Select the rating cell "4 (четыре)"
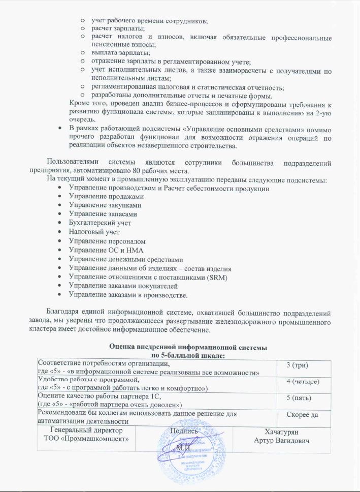[303, 382]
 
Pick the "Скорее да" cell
[302, 415]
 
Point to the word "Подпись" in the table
[184, 430]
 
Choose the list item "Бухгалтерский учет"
[100, 223]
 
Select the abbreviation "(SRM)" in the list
[216, 277]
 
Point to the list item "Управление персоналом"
[107, 240]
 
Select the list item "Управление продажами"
[106, 196]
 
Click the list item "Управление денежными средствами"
[125, 259]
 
